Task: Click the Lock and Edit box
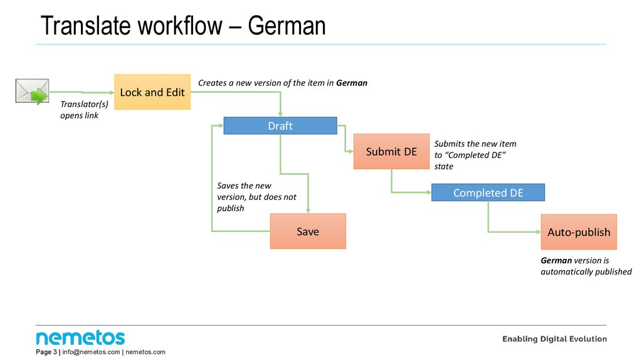(x=152, y=92)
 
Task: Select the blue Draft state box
(x=280, y=126)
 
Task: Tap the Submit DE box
(x=391, y=152)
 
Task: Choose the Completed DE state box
(x=488, y=193)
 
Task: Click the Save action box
(x=308, y=231)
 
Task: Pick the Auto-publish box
(x=579, y=232)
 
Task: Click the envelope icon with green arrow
(x=32, y=92)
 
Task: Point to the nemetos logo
(x=80, y=337)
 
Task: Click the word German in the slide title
(x=287, y=26)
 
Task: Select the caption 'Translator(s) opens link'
(x=80, y=110)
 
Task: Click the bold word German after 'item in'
(x=351, y=83)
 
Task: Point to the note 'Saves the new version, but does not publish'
(x=256, y=197)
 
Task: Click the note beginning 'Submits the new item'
(x=475, y=155)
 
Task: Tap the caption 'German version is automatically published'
(x=586, y=266)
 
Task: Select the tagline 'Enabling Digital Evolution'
(x=554, y=339)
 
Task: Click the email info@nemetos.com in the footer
(x=91, y=352)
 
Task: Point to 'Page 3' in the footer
(x=46, y=352)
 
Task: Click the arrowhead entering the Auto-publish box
(x=537, y=232)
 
